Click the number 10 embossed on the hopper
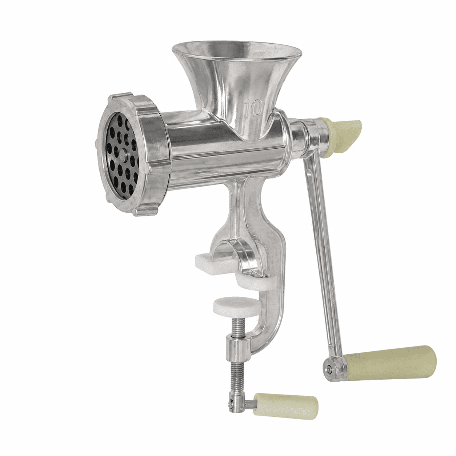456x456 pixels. tap(253, 108)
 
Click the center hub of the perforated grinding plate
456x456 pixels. tap(124, 155)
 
